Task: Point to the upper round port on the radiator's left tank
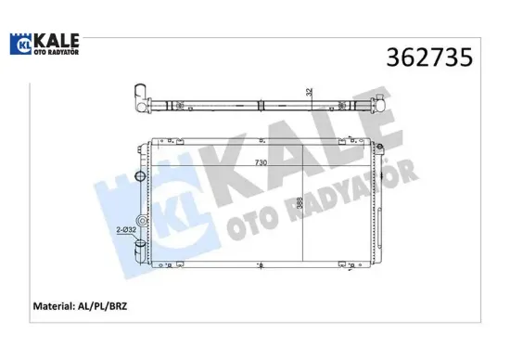[x=140, y=176]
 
